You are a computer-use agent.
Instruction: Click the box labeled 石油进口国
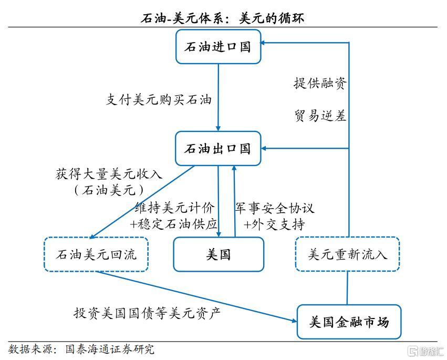(218, 47)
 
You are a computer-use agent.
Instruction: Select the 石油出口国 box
(218, 148)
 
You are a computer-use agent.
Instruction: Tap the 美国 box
(219, 254)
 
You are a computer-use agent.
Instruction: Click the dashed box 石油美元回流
(96, 254)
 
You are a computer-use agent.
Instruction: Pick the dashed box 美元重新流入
(347, 254)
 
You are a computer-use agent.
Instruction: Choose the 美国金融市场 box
(349, 322)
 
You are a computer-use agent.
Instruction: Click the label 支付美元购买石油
(159, 99)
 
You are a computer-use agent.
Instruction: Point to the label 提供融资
(320, 83)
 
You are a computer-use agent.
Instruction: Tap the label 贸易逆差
(320, 116)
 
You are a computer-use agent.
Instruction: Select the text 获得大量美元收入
(109, 174)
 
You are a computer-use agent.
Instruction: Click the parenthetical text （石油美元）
(109, 190)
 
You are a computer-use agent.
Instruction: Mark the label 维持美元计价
(174, 208)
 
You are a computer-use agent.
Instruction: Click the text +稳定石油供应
(174, 224)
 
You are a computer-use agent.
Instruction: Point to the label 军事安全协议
(274, 208)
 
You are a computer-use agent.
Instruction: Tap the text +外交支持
(274, 224)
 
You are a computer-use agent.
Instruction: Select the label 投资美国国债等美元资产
(147, 313)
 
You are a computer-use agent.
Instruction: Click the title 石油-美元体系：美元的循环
(223, 19)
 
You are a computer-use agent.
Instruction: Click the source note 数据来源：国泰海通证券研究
(81, 349)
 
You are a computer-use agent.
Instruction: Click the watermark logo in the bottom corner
(426, 351)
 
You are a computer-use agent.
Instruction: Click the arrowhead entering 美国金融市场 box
(294, 320)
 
